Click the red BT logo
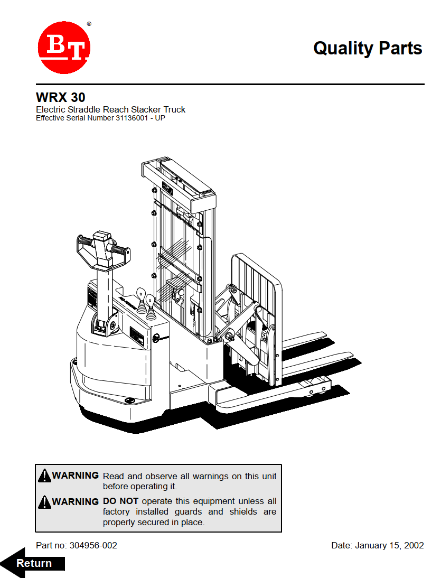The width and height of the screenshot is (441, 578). [64, 48]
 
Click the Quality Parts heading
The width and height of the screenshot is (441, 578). [368, 48]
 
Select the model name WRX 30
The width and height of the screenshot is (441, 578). [60, 98]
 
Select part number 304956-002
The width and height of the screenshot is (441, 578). [93, 545]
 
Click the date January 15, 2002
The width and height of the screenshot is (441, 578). [389, 545]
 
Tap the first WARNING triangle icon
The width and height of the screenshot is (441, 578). [44, 476]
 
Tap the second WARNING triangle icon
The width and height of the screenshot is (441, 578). [44, 501]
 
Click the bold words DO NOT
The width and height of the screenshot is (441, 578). [121, 501]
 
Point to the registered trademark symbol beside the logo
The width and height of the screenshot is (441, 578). [89, 24]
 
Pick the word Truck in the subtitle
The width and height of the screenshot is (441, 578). [174, 109]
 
